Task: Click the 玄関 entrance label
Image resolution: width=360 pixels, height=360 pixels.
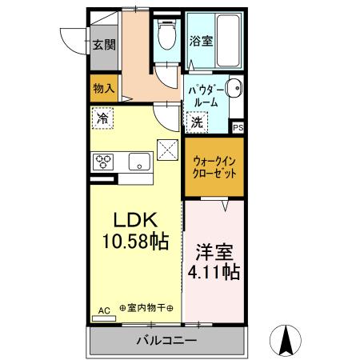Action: tap(102, 44)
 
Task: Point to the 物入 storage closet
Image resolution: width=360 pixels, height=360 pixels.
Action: tap(103, 87)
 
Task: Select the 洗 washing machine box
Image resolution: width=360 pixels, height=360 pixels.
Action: tap(197, 122)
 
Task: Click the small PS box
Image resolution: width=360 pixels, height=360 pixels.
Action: tap(238, 127)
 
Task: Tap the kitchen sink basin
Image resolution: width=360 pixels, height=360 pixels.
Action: tap(140, 162)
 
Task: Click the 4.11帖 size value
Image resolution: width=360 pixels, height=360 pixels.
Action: tap(214, 272)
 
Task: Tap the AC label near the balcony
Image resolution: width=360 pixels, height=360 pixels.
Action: tap(103, 310)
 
